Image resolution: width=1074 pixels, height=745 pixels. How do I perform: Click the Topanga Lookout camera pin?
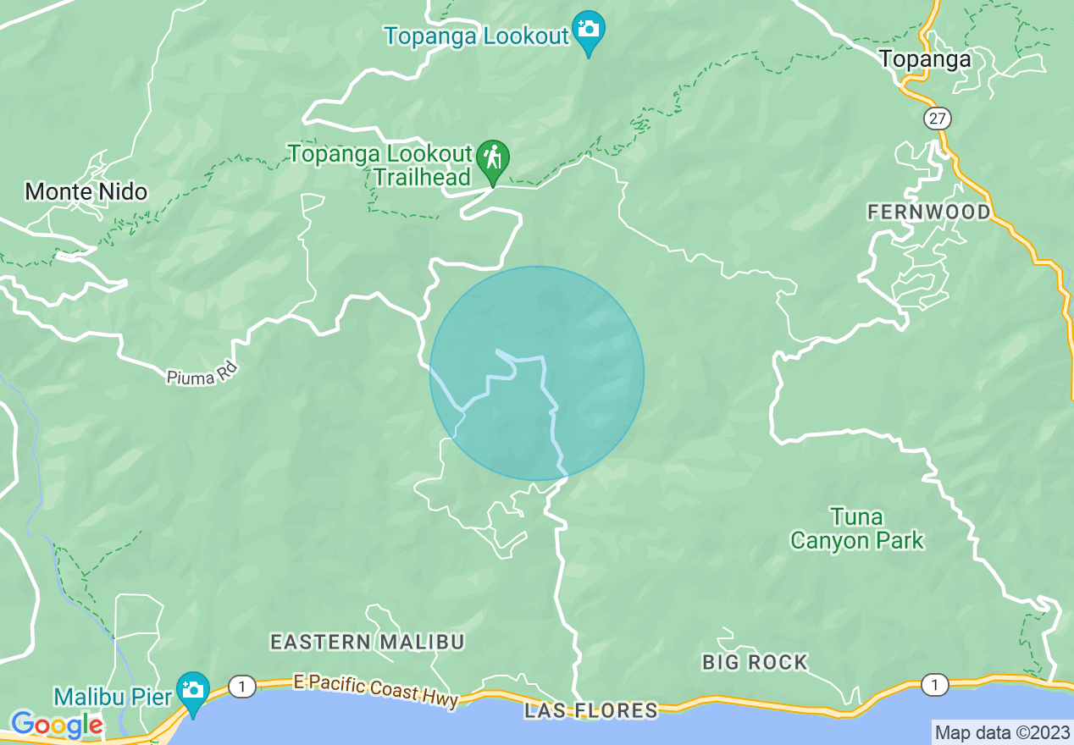[587, 29]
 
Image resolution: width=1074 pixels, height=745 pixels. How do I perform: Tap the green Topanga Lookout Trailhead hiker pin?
[491, 158]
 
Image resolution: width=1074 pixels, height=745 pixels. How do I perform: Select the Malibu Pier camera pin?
[192, 690]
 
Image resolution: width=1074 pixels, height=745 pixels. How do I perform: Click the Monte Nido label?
[86, 192]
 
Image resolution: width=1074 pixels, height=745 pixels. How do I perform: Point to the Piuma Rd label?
[202, 373]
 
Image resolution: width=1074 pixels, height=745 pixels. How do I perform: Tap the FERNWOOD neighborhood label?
[928, 212]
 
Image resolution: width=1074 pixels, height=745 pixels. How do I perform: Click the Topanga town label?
[924, 59]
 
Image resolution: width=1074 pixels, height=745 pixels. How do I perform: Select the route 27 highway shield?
[937, 118]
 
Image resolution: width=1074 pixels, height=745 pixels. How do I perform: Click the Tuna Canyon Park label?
[856, 528]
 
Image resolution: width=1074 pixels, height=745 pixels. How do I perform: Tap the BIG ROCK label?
[755, 662]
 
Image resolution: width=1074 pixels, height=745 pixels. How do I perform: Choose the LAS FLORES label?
[590, 710]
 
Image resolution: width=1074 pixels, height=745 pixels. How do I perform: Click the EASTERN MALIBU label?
[368, 643]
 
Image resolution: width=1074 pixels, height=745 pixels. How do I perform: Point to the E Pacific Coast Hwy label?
[376, 689]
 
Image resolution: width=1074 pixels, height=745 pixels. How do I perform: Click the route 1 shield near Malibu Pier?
[242, 687]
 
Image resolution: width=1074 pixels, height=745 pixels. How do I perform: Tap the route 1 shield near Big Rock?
[934, 686]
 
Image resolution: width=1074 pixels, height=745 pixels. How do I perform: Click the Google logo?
[56, 726]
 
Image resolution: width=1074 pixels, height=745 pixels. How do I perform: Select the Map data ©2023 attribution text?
[1002, 732]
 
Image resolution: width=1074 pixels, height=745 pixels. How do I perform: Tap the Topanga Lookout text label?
[476, 36]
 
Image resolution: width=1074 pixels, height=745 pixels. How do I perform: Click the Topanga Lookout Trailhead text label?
[379, 165]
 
